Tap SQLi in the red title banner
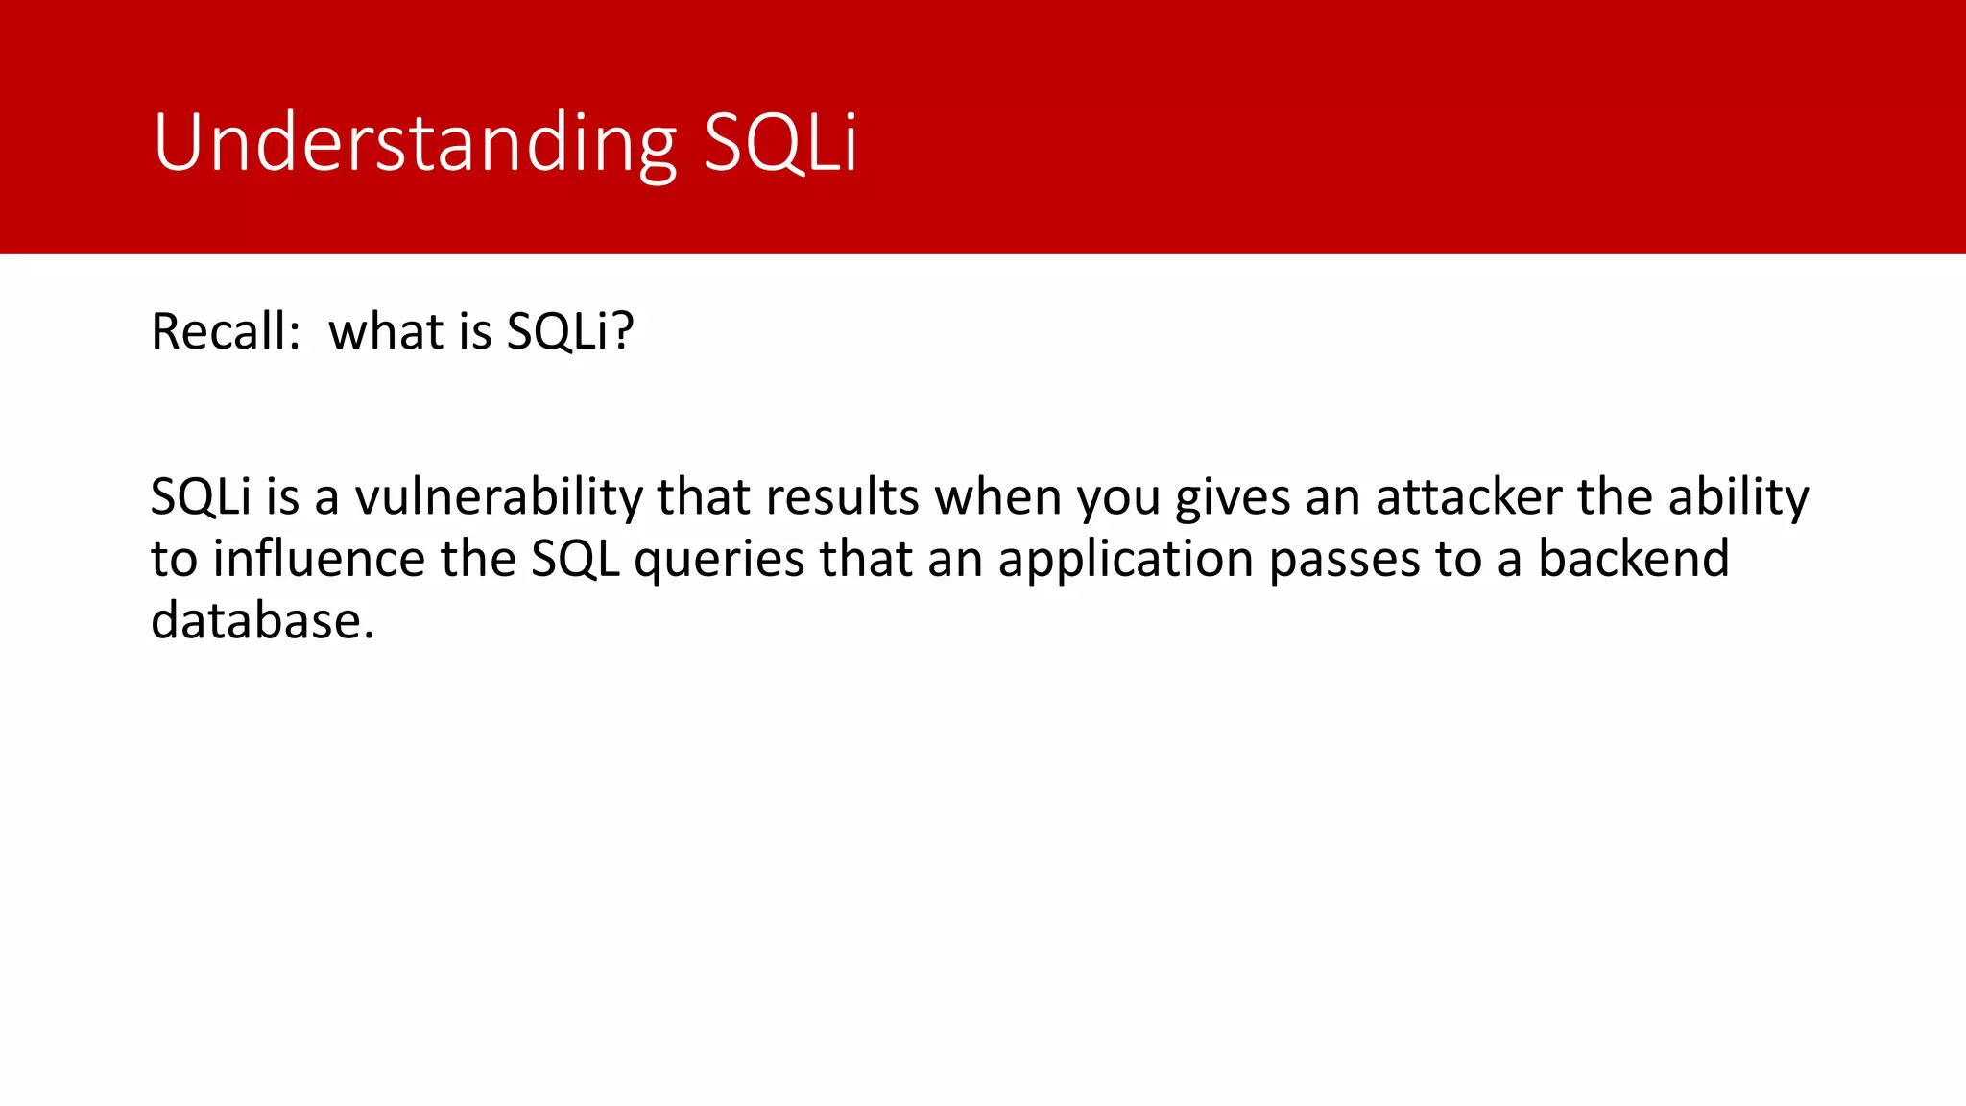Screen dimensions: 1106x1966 pyautogui.click(x=779, y=144)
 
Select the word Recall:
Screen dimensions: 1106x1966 pyautogui.click(x=227, y=332)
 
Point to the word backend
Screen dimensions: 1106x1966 pyautogui.click(x=1634, y=559)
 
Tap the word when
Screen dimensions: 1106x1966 pyautogui.click(x=998, y=497)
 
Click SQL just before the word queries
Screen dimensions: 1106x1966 pyautogui.click(x=575, y=559)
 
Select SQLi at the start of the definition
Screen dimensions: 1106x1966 pyautogui.click(x=201, y=497)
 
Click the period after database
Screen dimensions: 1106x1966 pyautogui.click(x=369, y=636)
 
